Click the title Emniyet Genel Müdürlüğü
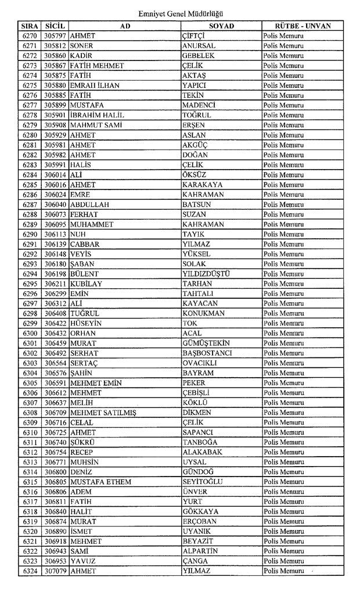tap(181, 13)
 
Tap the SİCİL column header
tap(55, 26)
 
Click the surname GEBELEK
tap(199, 55)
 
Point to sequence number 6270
tap(30, 35)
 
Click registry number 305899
tap(55, 105)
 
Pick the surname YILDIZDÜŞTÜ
tap(206, 274)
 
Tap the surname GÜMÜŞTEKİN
tap(206, 343)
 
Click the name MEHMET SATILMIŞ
tap(99, 412)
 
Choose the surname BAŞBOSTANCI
tap(207, 353)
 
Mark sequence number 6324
tap(30, 571)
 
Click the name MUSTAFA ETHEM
tap(100, 482)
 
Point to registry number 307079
tap(55, 571)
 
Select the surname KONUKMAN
tap(203, 313)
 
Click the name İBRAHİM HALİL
tap(96, 114)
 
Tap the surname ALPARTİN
tap(200, 551)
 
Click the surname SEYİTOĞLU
tap(203, 482)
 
